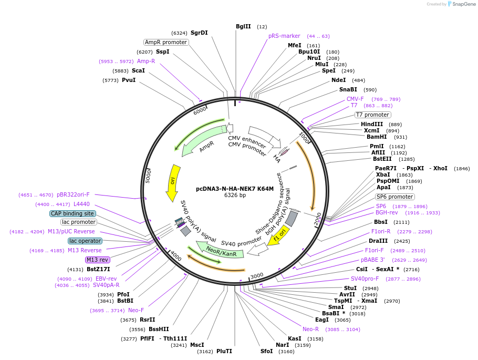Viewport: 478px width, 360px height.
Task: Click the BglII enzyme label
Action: pyautogui.click(x=243, y=26)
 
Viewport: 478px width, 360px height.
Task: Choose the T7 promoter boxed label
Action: pyautogui.click(x=372, y=115)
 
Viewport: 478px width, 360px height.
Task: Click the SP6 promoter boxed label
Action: pyautogui.click(x=394, y=197)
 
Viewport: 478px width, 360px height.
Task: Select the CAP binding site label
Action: pyautogui.click(x=72, y=213)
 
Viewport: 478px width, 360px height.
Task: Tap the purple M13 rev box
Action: pyautogui.click(x=98, y=260)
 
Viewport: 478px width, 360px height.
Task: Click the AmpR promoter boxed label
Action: pyautogui.click(x=166, y=42)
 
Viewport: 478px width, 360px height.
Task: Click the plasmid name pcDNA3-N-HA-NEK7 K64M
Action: pyautogui.click(x=235, y=188)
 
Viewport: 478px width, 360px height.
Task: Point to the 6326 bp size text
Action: pyautogui.click(x=235, y=196)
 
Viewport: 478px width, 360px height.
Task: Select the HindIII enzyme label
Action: pyautogui.click(x=372, y=124)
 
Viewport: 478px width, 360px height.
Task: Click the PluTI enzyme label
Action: pyautogui.click(x=224, y=351)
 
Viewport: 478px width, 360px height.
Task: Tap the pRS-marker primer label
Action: pyautogui.click(x=284, y=36)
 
